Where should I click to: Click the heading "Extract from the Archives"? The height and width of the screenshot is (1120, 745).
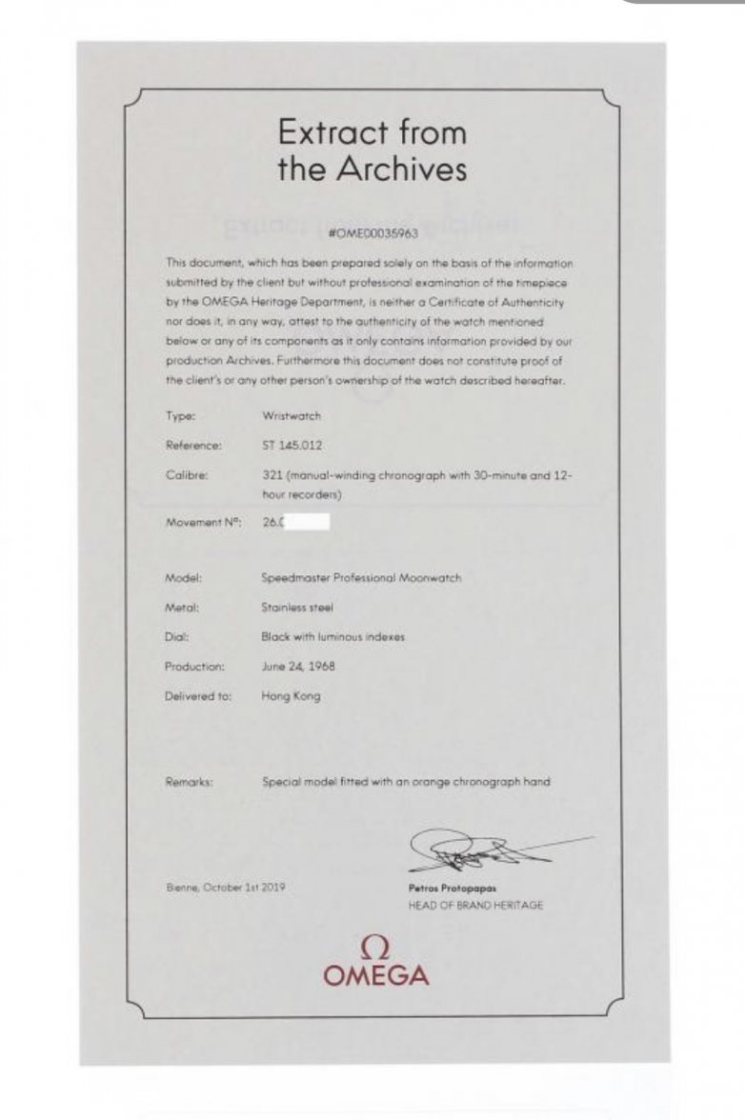pyautogui.click(x=372, y=150)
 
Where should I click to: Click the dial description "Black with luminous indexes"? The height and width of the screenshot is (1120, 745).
pyautogui.click(x=332, y=637)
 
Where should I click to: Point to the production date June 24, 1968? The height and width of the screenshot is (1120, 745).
pyautogui.click(x=298, y=667)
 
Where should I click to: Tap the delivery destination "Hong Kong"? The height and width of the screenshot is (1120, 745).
pyautogui.click(x=291, y=696)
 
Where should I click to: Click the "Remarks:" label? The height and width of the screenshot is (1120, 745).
pyautogui.click(x=189, y=782)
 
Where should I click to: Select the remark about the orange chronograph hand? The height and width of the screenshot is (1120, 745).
pyautogui.click(x=406, y=782)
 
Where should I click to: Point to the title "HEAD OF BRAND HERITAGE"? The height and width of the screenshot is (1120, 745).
pyautogui.click(x=474, y=906)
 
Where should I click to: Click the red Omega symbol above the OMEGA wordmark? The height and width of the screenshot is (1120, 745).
pyautogui.click(x=375, y=947)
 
